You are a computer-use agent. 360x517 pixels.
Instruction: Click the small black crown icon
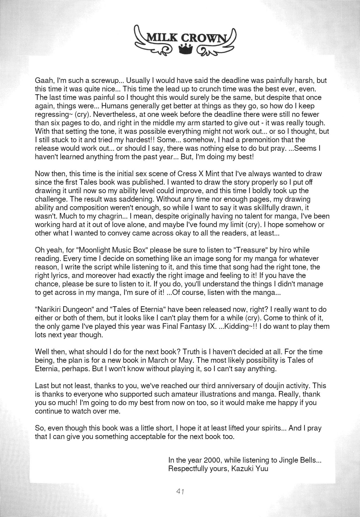point(186,50)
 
